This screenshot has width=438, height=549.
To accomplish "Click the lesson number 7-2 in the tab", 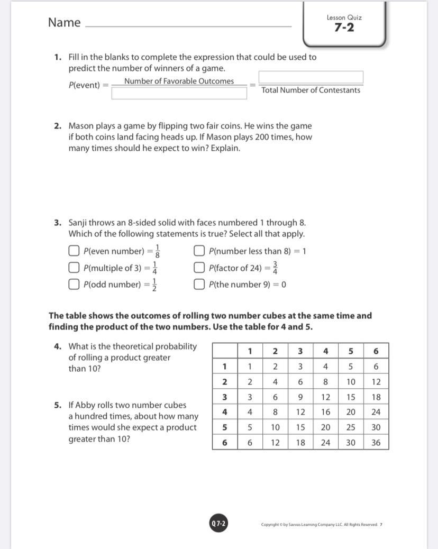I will (x=344, y=28).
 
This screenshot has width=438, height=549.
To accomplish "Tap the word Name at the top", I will (x=64, y=22).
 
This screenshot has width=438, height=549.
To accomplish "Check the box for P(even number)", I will (x=75, y=251).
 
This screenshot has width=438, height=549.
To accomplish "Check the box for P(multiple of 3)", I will (x=75, y=268).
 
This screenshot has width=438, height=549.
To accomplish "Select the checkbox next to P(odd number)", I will (x=75, y=285).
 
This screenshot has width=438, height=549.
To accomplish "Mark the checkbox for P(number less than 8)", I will (x=199, y=251).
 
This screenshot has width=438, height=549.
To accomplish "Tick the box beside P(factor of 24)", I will (x=199, y=268).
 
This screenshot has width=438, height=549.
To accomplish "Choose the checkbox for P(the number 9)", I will (x=199, y=285).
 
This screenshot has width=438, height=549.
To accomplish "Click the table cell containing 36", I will (x=376, y=443).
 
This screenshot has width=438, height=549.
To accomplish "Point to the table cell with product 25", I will (x=351, y=427).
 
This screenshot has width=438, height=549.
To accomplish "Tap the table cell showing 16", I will (x=326, y=412).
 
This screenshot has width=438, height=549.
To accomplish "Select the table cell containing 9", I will (x=300, y=397).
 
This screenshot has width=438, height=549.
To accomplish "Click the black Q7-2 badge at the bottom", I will (x=218, y=524).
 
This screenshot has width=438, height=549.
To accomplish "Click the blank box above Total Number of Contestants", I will (x=311, y=78).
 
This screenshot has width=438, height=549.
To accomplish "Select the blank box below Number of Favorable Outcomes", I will (x=179, y=93).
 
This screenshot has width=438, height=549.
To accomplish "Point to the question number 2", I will (x=58, y=126).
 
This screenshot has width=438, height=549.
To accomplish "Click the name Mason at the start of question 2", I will (x=81, y=126).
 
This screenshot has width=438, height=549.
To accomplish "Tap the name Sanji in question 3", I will (x=79, y=223).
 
